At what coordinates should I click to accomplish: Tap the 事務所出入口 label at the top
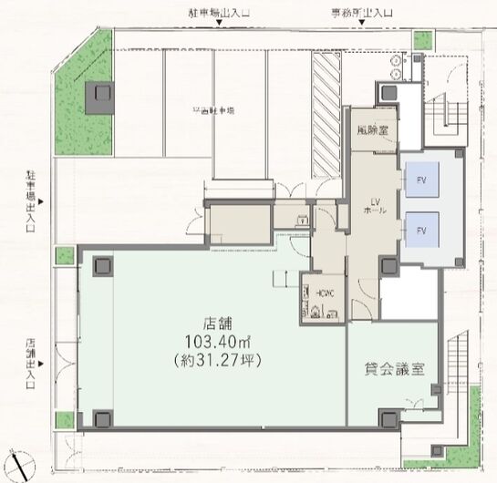(x=364, y=13)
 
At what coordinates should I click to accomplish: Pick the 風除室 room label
(x=372, y=129)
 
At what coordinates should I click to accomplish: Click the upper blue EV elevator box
(x=421, y=179)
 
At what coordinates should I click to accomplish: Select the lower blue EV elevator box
(x=421, y=231)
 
